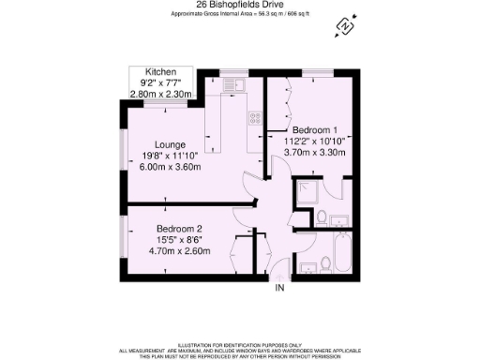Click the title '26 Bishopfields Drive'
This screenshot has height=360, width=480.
(x=239, y=4)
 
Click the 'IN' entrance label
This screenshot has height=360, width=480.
(x=279, y=288)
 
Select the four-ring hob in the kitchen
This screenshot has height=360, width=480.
(x=254, y=119)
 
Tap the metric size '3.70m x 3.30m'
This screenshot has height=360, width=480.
(x=317, y=152)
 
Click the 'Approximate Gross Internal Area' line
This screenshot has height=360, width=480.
(x=239, y=14)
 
